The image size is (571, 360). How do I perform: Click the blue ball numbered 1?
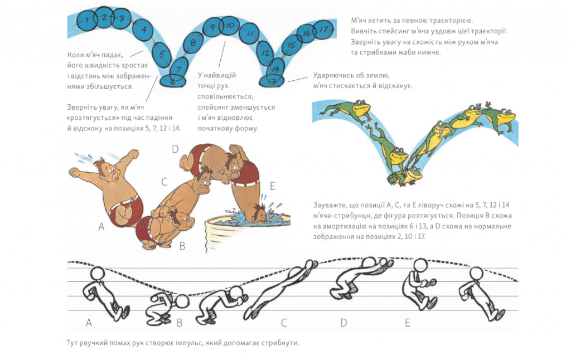pos(88,20)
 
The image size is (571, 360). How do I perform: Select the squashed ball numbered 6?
pos(173,81)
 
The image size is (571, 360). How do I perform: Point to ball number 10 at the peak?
pos(230,26)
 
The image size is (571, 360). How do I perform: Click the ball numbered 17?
pos(323,29)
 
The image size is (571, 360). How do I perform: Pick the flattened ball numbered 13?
pos(272,81)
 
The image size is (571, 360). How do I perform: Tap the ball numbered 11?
pos(249,33)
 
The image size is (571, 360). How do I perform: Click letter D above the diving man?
pos(175,149)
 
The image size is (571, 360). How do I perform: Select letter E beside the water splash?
pos(272,186)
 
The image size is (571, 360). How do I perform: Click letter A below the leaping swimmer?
pos(101,227)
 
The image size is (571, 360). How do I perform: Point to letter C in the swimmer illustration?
pos(164,182)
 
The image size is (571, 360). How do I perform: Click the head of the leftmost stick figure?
pos(98,274)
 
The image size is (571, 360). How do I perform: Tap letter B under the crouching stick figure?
pos(179,323)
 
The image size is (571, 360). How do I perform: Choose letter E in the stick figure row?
pos(408,323)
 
